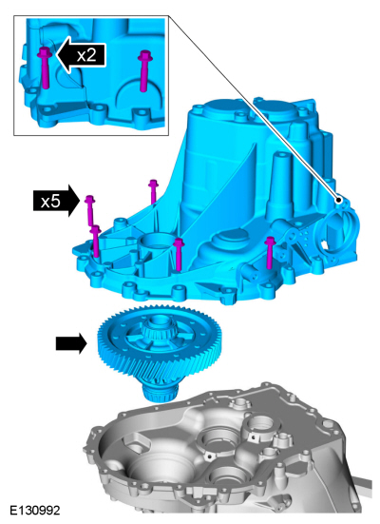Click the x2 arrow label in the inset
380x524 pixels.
click(81, 55)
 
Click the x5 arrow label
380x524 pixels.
click(56, 201)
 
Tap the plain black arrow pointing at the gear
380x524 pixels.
click(71, 343)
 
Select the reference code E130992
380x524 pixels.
click(35, 511)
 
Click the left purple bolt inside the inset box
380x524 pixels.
click(45, 68)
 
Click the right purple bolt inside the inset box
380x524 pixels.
click(144, 70)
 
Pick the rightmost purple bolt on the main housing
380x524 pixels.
click(270, 252)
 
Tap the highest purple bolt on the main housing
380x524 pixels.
click(153, 192)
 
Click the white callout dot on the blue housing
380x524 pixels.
click(338, 200)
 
